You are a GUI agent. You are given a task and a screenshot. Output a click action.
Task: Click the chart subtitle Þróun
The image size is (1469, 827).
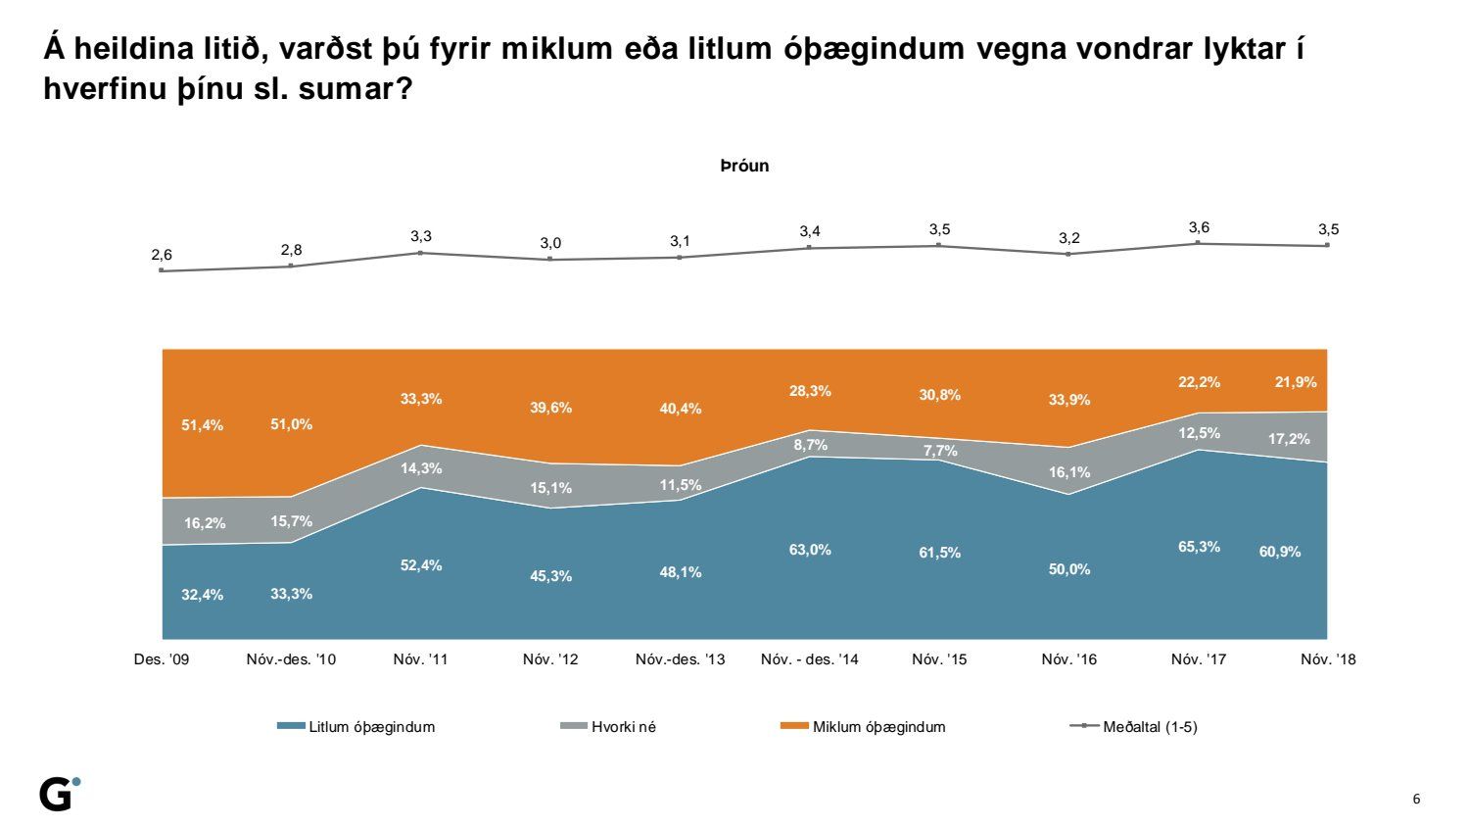(x=744, y=166)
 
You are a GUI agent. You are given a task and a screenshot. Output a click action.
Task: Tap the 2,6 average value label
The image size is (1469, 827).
(x=162, y=255)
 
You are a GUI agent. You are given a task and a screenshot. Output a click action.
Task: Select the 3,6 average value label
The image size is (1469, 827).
(x=1199, y=227)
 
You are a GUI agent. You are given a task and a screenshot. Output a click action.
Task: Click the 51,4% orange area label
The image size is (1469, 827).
(x=203, y=425)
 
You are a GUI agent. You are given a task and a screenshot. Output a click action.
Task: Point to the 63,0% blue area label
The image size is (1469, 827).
(x=810, y=550)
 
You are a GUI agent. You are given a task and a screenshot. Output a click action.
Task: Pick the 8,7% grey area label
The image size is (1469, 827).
(x=810, y=445)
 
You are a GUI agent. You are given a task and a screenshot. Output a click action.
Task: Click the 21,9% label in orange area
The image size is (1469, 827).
(x=1296, y=382)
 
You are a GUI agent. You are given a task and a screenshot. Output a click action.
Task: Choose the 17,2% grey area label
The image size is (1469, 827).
(x=1289, y=439)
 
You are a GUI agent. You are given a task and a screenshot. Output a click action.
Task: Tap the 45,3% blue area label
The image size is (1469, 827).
(x=550, y=576)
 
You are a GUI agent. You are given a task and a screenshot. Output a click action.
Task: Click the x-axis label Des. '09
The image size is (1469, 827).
(x=162, y=659)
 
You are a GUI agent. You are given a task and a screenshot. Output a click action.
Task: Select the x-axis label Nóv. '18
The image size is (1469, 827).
(x=1328, y=659)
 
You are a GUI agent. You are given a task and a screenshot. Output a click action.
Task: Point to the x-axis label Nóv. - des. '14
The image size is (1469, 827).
(x=810, y=659)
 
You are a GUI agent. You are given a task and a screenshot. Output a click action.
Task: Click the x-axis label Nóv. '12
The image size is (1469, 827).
(x=550, y=659)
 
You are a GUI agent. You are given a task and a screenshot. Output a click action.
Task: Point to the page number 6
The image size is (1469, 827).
(x=1415, y=799)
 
